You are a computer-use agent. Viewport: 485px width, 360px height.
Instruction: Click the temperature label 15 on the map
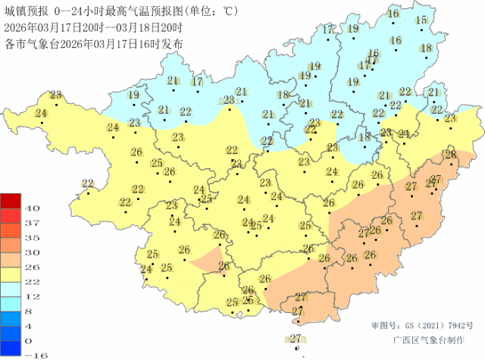(x=421, y=20)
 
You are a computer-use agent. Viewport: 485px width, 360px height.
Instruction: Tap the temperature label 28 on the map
(x=451, y=155)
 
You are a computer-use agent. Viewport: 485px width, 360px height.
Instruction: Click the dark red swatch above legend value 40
(x=11, y=200)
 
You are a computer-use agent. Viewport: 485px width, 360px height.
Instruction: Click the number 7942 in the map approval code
(x=446, y=325)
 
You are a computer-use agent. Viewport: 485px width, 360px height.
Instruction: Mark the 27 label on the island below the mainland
(x=296, y=338)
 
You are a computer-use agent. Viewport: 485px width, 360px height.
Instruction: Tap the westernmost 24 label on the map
(x=40, y=113)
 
